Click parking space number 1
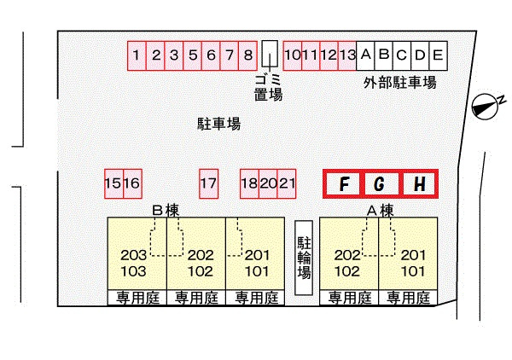137,55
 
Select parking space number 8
247,55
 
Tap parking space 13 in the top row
347,55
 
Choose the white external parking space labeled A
365,55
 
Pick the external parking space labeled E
439,55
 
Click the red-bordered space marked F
344,183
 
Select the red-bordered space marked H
419,183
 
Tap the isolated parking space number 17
209,183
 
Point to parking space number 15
113,183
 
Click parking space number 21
287,183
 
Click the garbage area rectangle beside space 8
270,54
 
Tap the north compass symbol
486,107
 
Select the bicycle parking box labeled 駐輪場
304,258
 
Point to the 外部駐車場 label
400,83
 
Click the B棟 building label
166,211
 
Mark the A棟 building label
380,211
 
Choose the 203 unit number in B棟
134,255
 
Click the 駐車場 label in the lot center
218,124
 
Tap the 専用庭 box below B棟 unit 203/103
137,298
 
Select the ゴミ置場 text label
268,88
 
